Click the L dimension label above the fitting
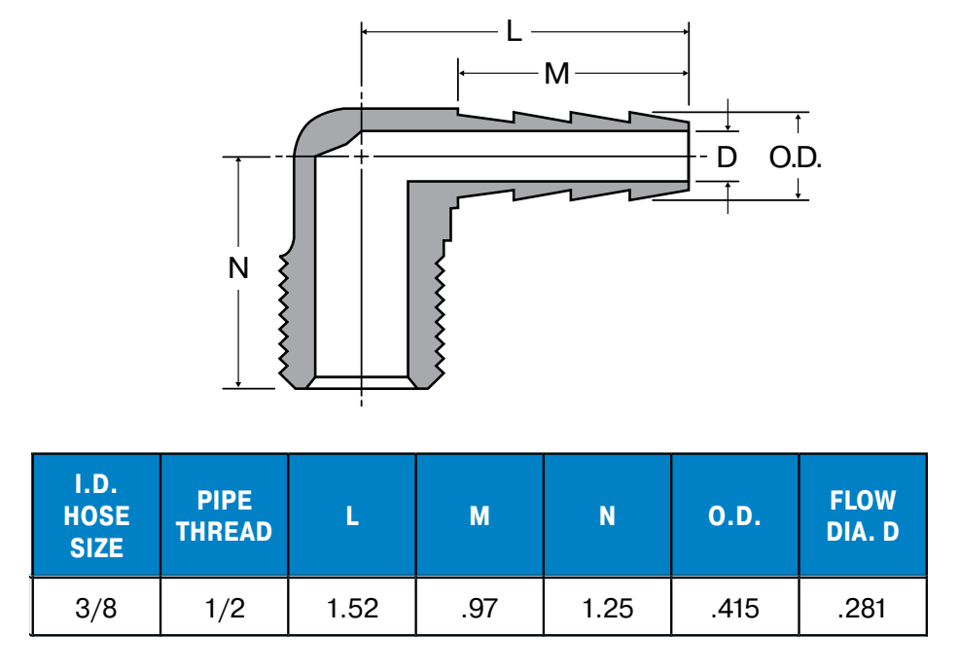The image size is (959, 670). tap(515, 30)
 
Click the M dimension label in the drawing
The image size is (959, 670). tap(556, 74)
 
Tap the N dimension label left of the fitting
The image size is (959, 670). tap(238, 267)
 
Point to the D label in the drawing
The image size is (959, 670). tap(727, 158)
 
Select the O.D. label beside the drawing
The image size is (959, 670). tap(795, 158)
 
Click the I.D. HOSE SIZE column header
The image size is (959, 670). tap(96, 515)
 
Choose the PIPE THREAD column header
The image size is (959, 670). tap(225, 516)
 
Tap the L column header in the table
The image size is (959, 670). tap(352, 516)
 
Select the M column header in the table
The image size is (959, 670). tap(479, 516)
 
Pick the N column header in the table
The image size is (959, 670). tap(607, 516)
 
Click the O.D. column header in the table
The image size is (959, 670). tap(734, 516)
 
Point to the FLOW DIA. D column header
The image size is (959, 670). tap(863, 516)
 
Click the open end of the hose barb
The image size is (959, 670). tap(689, 156)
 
